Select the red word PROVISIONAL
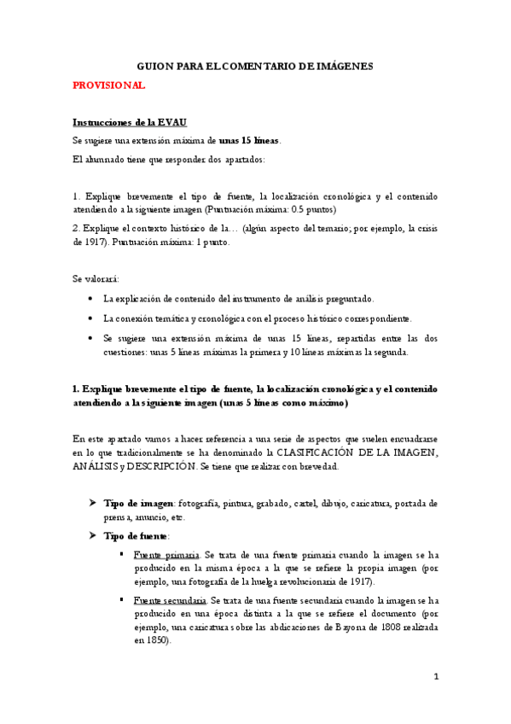click(109, 86)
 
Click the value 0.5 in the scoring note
click(300, 209)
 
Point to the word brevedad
click(320, 466)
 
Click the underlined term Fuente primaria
click(166, 555)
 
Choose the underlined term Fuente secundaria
click(170, 600)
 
